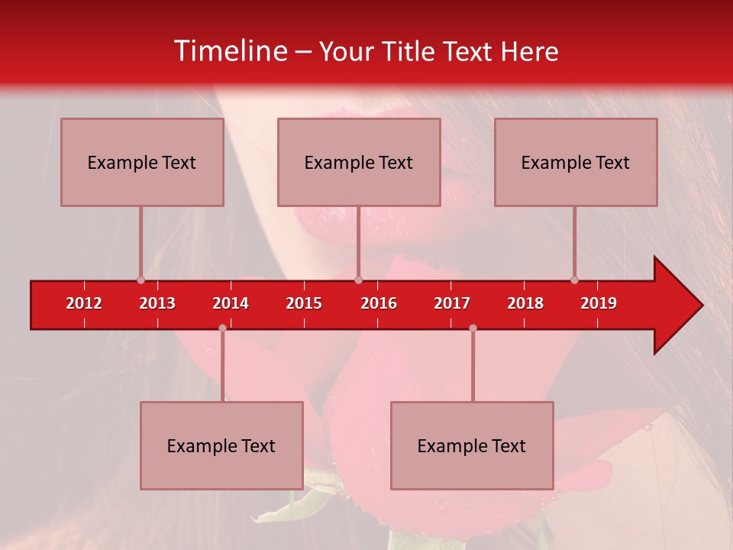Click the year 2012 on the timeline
click(84, 303)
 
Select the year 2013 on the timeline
click(157, 303)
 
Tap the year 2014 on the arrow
click(231, 303)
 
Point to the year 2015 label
click(304, 303)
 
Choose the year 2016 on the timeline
click(379, 303)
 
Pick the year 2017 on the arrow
click(452, 303)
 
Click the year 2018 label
click(525, 303)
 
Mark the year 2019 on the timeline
click(599, 303)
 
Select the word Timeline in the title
click(229, 51)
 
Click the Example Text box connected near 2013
click(142, 162)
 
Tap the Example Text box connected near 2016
click(359, 162)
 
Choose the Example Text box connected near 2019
click(576, 162)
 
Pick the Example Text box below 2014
click(221, 445)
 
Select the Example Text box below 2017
click(472, 445)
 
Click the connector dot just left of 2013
click(140, 280)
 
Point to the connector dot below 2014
click(222, 328)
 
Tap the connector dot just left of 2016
click(358, 280)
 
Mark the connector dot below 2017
click(473, 328)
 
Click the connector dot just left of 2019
click(575, 280)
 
